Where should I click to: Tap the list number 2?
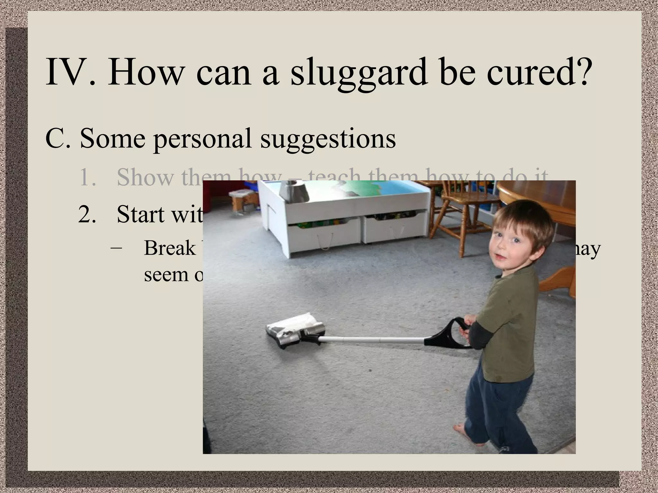87,214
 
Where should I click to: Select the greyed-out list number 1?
87,177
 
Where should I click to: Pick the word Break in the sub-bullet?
170,248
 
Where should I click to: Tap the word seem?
165,275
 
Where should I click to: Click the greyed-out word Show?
145,177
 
